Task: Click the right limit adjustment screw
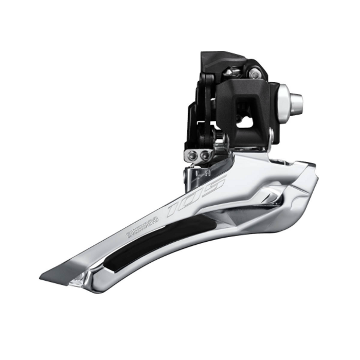[x=205, y=155]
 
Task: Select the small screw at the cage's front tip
[x=78, y=281]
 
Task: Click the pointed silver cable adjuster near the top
[x=234, y=72]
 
